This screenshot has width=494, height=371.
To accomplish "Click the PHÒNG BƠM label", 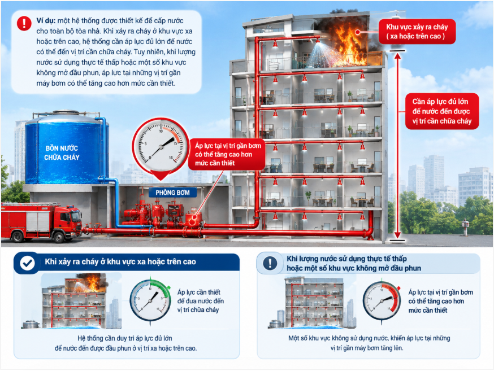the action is [172, 193].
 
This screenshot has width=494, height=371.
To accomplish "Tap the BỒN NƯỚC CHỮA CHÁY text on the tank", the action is [62, 152].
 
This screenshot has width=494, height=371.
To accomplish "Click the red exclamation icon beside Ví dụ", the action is [24, 23].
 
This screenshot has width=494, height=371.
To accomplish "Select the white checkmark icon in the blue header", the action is [27, 263].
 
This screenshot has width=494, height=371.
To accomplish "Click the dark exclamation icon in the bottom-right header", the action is [270, 263].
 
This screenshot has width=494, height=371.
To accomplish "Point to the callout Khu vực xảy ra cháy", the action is [417, 32].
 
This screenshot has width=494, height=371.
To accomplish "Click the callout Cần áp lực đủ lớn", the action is [441, 111].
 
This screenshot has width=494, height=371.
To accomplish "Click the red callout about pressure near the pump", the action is [227, 154].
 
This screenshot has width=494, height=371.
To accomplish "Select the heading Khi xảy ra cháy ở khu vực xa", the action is [120, 262].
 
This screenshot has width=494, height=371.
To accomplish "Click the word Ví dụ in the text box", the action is [46, 21].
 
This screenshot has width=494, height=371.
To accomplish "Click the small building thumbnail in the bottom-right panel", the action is [314, 302].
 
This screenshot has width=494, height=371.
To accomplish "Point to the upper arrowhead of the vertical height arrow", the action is [397, 56].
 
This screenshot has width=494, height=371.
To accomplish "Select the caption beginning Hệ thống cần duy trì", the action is [125, 343].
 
